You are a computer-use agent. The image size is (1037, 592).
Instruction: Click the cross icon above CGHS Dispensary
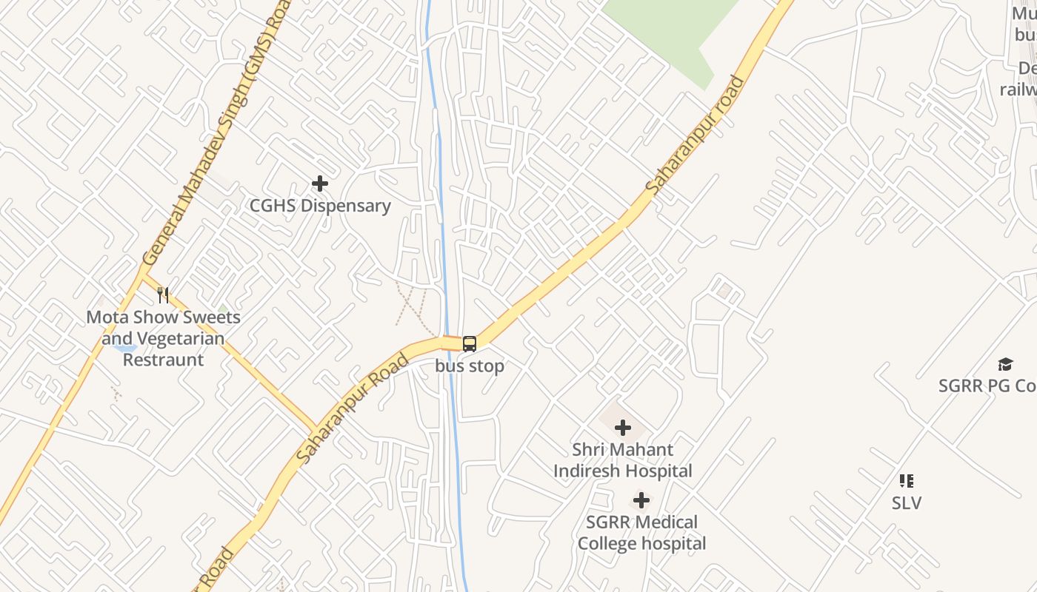[320, 183]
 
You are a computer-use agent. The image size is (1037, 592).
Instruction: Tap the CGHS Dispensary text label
[320, 206]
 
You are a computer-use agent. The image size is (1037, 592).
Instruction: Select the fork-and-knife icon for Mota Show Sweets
[163, 295]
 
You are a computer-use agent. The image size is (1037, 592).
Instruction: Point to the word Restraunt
[163, 360]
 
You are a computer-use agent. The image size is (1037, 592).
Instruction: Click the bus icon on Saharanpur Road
[470, 343]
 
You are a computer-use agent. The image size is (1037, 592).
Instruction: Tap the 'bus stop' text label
[470, 366]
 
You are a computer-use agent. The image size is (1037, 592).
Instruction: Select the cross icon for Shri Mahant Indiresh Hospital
[623, 427]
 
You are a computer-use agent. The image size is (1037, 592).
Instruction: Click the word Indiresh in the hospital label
[623, 471]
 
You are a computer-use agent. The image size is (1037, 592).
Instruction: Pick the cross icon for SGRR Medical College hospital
[641, 500]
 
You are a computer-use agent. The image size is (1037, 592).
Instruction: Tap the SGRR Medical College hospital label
[641, 533]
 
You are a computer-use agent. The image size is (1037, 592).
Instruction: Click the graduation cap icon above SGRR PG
[1005, 363]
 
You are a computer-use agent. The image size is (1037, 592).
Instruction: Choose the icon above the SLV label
[907, 481]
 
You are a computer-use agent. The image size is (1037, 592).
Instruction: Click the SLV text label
[907, 503]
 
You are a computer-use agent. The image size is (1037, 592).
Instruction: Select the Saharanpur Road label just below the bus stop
[353, 409]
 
